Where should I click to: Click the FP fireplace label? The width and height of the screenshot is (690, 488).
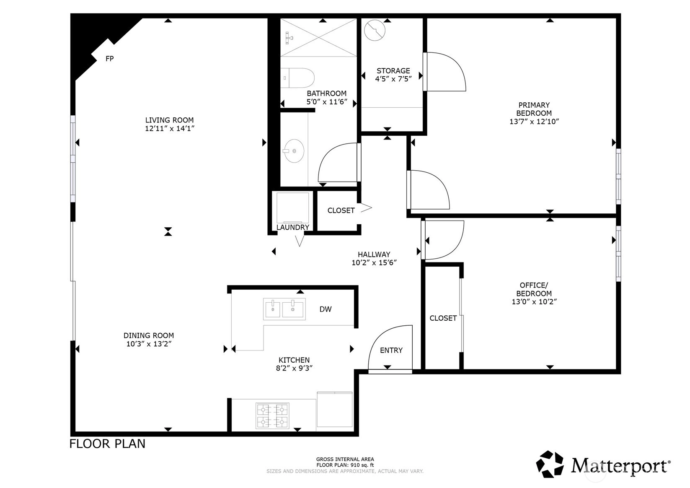109,59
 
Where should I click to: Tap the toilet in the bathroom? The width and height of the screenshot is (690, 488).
297,78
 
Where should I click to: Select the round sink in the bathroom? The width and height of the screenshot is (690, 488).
294,151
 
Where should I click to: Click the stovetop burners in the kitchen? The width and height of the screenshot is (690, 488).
272,415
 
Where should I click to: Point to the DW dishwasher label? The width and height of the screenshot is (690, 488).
325,309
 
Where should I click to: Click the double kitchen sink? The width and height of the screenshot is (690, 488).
284,309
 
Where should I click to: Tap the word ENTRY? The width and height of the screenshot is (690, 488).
391,350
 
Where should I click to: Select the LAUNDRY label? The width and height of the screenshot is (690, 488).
293,228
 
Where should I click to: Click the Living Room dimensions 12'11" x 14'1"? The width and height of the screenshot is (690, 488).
170,129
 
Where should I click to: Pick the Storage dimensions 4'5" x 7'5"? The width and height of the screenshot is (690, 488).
393,79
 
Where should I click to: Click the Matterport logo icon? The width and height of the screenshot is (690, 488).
550,464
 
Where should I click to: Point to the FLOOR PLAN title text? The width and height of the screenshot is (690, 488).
107,444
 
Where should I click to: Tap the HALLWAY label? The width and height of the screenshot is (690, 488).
374,254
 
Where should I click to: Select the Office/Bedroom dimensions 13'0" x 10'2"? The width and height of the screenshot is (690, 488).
534,302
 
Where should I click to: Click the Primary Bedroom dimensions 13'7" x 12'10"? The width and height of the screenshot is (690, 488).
534,122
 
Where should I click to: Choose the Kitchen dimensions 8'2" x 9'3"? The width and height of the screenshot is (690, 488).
294,368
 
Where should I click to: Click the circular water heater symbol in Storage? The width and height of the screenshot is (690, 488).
375,30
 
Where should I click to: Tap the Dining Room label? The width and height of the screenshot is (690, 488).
148,335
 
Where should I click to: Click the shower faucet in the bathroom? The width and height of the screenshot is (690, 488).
289,38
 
